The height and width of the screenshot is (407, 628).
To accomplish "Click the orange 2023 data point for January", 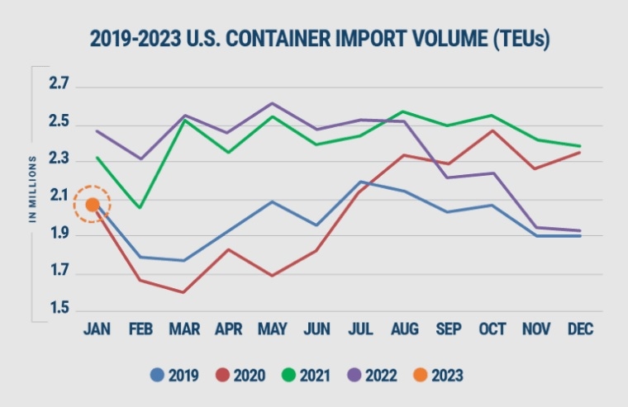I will [93, 204].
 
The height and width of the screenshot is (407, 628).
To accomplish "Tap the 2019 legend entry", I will [174, 376].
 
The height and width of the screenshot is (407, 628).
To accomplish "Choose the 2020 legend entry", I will [240, 376].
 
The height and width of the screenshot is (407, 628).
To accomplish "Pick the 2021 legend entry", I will [303, 376].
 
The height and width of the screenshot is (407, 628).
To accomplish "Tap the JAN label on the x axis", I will [98, 329].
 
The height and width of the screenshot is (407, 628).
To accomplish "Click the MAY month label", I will [272, 329].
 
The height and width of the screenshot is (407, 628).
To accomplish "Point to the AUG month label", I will [403, 329].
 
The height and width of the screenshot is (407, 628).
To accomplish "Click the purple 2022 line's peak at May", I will [272, 103].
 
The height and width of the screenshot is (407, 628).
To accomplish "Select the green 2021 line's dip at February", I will [139, 207].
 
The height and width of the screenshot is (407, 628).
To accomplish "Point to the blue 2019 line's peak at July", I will [361, 182].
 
